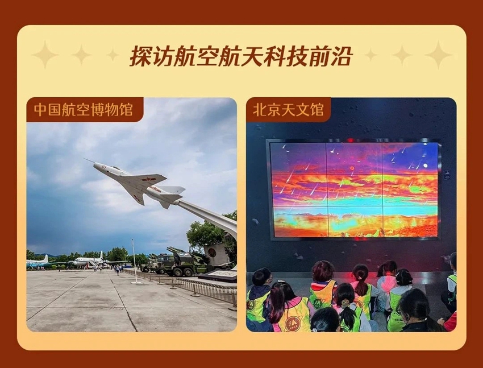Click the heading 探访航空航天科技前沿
pyautogui.click(x=241, y=56)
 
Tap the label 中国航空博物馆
pyautogui.click(x=83, y=110)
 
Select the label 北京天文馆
pyautogui.click(x=288, y=110)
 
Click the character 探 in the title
pyautogui.click(x=140, y=56)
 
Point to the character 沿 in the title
pyautogui.click(x=342, y=56)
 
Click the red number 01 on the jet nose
pyautogui.click(x=104, y=167)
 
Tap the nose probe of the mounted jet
pyautogui.click(x=89, y=161)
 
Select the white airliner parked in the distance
pyautogui.click(x=88, y=261)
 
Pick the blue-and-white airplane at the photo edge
pyautogui.click(x=37, y=262)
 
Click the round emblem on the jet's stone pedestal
pyautogui.click(x=211, y=253)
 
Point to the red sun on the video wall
pyautogui.click(x=352, y=168)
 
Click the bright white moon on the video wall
pyautogui.click(x=426, y=166)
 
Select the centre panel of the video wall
pyautogui.click(x=354, y=191)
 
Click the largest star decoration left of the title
pyautogui.click(x=45, y=54)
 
